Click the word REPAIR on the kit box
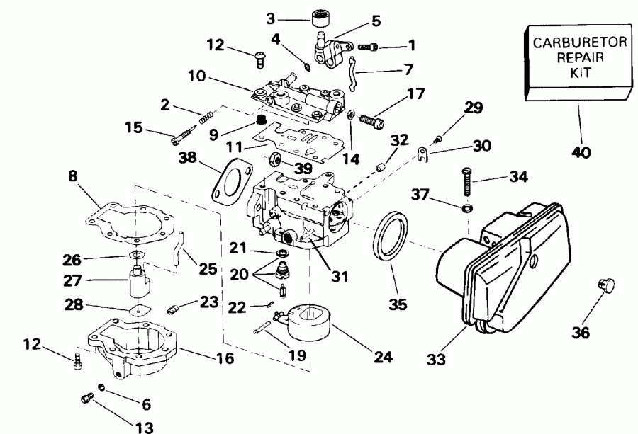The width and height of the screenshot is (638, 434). (578, 57)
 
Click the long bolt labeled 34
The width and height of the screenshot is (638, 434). (467, 183)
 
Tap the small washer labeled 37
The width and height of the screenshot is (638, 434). (466, 209)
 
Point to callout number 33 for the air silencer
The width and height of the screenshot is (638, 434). (437, 360)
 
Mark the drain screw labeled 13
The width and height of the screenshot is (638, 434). (86, 400)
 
